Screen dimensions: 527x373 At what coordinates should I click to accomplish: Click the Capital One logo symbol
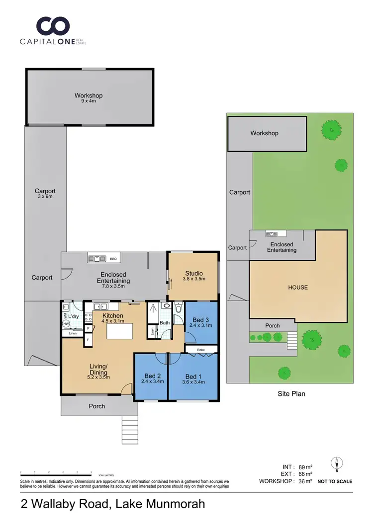[x=53, y=26]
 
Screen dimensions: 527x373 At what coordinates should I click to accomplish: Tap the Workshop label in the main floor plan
[x=89, y=95]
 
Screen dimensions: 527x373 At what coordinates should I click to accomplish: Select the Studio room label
[x=193, y=273]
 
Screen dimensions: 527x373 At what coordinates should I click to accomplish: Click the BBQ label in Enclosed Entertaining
[x=113, y=259]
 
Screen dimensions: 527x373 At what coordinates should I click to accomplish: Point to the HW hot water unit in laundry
[x=66, y=324]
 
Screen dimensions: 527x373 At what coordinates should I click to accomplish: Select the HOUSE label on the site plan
[x=297, y=287]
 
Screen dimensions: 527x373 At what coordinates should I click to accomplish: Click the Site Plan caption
[x=291, y=394]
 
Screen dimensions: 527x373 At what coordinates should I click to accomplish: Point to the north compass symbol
[x=337, y=464]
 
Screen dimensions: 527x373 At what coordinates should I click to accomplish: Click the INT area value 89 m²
[x=305, y=467]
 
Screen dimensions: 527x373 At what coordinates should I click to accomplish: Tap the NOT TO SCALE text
[x=335, y=481]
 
